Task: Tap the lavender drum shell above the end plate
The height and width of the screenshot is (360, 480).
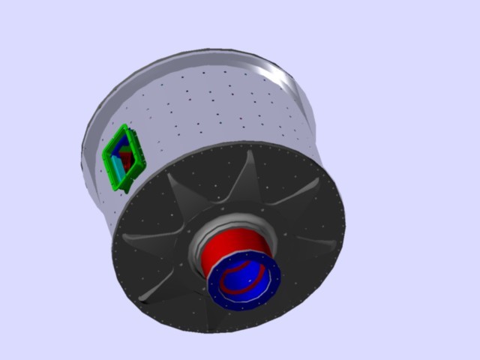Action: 217,112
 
